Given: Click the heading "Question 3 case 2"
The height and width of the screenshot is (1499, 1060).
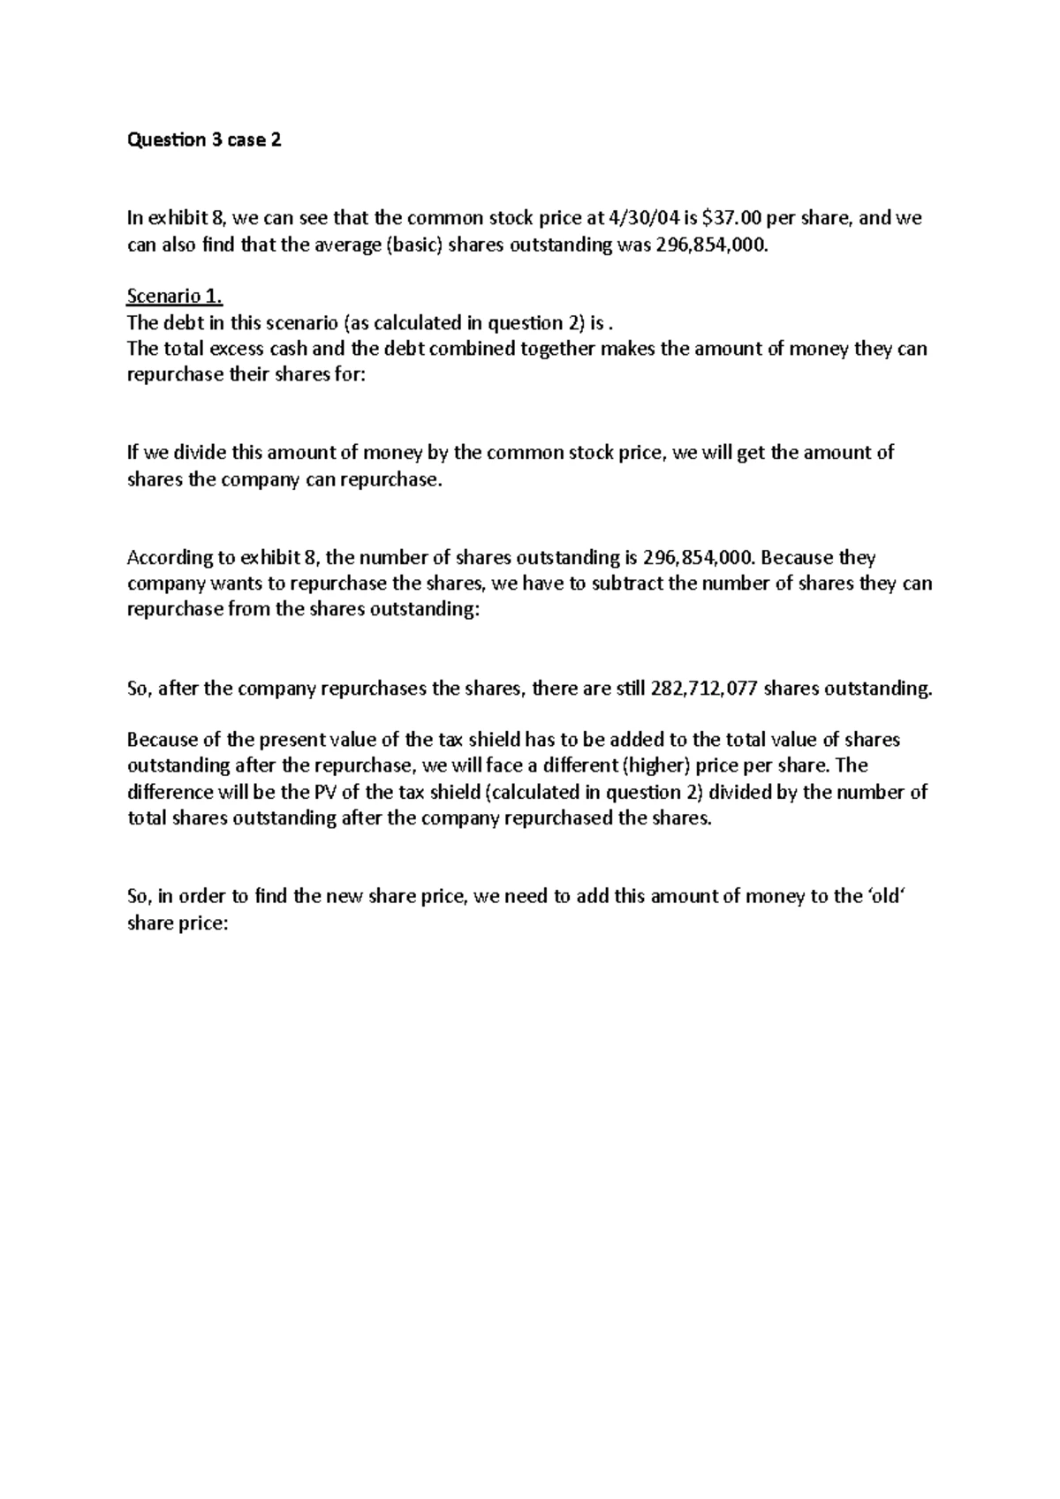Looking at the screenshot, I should pos(204,140).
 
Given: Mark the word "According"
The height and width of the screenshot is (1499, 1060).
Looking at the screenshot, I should pos(169,558).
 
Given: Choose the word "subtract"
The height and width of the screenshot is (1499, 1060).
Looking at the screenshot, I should pos(631,584).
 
